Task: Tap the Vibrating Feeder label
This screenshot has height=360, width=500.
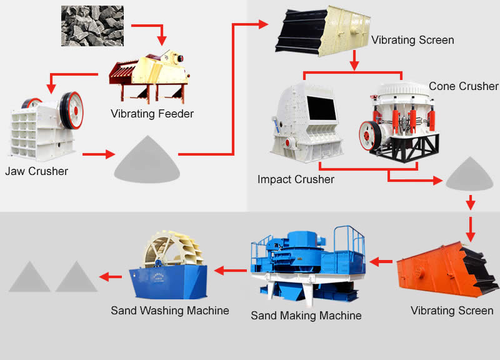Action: pos(152,114)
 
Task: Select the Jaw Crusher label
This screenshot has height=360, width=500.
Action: pos(36,171)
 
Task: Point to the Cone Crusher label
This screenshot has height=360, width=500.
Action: pos(463,86)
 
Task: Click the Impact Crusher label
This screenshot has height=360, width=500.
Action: pos(296,179)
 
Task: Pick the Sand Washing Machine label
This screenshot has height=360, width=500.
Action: pos(170,310)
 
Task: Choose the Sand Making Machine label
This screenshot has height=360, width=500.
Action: pos(306,316)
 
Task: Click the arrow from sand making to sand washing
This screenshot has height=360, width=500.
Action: pos(230,271)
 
